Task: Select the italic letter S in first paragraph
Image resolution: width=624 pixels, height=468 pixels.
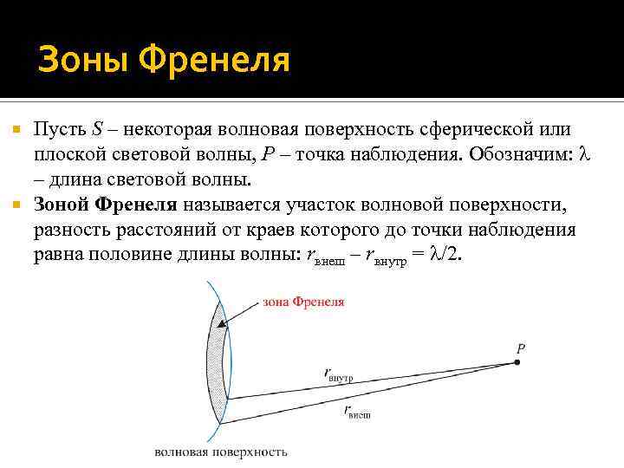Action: tap(97, 130)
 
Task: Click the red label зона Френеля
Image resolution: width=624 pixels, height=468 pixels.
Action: tap(302, 302)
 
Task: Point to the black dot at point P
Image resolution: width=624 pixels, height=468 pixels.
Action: tap(518, 363)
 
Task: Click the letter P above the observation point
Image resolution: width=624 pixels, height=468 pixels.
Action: tap(521, 348)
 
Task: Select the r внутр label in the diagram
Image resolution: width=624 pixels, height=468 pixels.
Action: tap(344, 374)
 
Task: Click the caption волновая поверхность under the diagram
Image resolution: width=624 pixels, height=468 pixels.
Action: tap(220, 452)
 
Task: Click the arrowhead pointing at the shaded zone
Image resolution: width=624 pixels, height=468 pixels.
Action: tap(224, 324)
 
